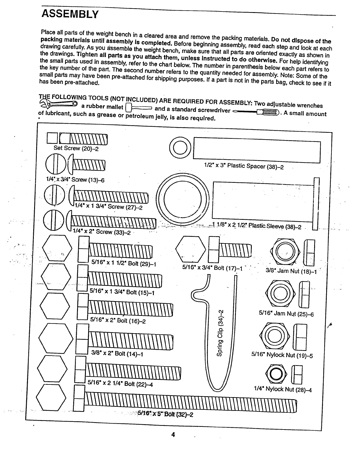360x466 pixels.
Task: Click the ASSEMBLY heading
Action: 69,14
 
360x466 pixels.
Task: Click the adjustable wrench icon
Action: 58,103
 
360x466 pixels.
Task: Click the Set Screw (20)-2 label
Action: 76,148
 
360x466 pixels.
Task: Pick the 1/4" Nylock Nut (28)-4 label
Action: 283,389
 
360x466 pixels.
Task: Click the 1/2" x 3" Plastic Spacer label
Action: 244,166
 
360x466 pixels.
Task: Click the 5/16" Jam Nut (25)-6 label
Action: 286,314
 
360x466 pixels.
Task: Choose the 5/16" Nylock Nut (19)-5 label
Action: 282,355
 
